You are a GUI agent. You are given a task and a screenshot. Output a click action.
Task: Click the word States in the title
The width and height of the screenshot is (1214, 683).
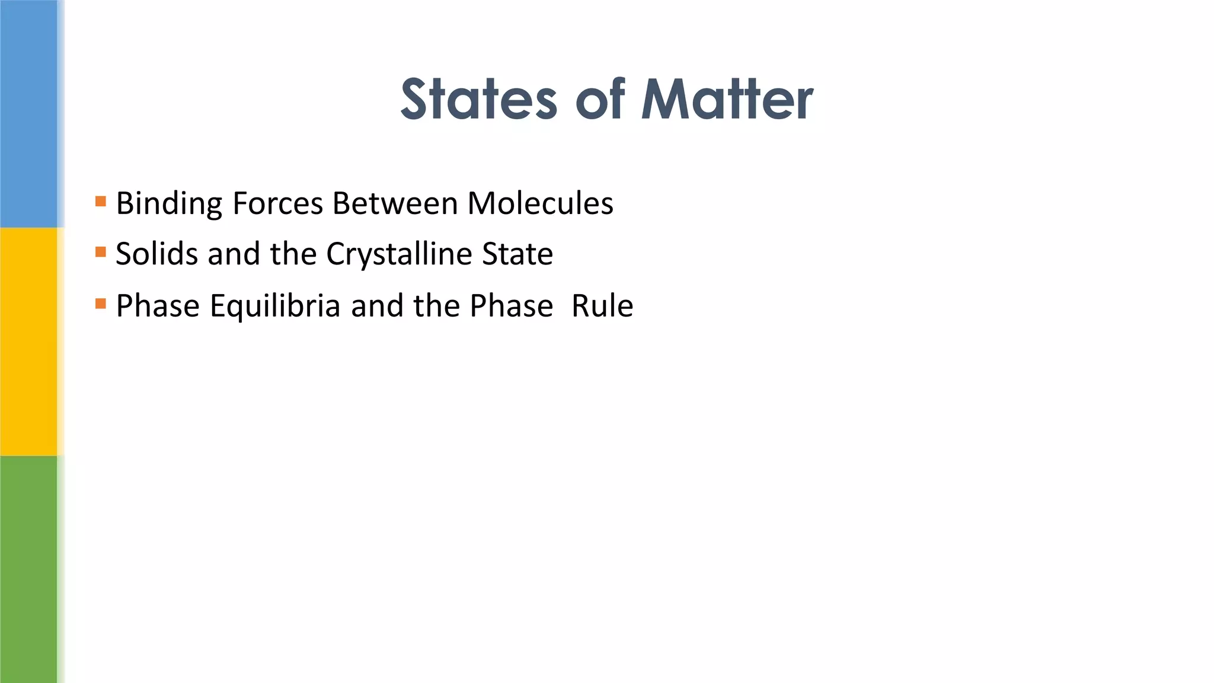(478, 100)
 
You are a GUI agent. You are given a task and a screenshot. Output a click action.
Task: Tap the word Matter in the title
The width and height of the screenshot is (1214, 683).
(727, 100)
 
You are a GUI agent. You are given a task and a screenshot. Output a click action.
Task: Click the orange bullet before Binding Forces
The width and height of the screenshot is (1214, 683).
(101, 202)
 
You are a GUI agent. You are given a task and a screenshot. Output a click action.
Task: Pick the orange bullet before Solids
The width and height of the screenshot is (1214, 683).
(101, 253)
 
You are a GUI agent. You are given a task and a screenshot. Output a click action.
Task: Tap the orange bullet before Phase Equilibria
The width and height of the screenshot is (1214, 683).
(101, 304)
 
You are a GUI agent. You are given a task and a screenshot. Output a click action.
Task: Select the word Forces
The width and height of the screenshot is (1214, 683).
(277, 203)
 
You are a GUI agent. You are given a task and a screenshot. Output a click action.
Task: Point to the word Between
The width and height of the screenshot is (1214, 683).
(395, 203)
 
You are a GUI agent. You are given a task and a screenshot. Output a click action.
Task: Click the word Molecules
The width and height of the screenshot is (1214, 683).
(540, 203)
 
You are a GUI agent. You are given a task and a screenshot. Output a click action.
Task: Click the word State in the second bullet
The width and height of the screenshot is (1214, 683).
(517, 254)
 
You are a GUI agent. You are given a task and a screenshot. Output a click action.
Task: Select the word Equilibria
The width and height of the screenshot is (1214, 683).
(275, 306)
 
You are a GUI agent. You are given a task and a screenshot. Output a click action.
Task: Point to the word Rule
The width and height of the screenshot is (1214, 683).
(602, 306)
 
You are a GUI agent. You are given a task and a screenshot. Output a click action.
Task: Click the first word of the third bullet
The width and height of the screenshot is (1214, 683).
(158, 306)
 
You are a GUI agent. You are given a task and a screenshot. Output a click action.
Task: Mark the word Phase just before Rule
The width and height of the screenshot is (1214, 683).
(512, 306)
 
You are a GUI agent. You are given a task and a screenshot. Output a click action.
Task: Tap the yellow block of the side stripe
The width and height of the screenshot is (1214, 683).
(28, 341)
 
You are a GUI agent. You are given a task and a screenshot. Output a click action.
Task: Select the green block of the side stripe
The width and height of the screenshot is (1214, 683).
(28, 569)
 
